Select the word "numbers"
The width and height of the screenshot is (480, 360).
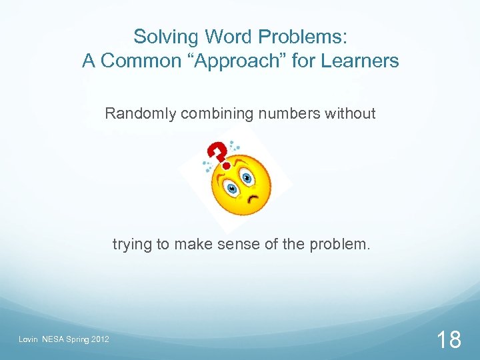coord(289,114)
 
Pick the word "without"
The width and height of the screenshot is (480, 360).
coord(350,114)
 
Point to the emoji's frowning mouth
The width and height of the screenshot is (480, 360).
coord(252,198)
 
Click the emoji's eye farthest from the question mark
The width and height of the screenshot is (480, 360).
coord(248,177)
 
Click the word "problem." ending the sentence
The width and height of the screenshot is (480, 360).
coord(339,245)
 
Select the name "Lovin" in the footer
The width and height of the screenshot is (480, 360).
coord(28,341)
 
